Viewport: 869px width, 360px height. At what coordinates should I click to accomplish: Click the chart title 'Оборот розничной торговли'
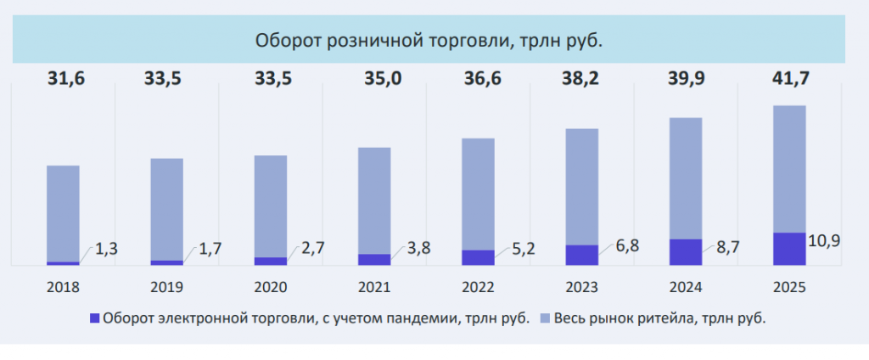click(x=434, y=41)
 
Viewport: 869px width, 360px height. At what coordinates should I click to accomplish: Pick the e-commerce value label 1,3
click(x=105, y=249)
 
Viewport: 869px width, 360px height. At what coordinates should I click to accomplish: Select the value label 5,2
click(x=521, y=250)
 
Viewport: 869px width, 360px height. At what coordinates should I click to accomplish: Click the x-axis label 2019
click(x=166, y=287)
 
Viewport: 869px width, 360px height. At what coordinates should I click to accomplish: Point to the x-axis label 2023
click(x=581, y=287)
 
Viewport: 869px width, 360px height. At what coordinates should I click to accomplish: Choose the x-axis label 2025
click(x=789, y=287)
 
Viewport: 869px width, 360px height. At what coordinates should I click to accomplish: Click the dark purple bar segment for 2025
click(x=789, y=249)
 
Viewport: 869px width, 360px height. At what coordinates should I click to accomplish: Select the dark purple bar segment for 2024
click(x=686, y=252)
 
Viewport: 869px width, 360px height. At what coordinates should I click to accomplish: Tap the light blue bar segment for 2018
click(x=63, y=212)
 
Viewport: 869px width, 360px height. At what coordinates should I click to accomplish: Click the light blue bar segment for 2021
click(x=374, y=200)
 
